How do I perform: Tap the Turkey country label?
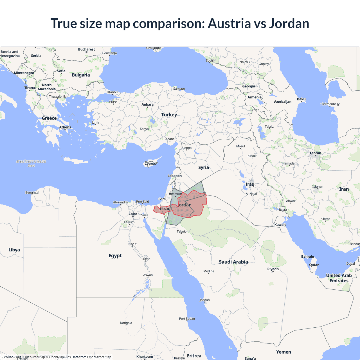pyautogui.click(x=169, y=115)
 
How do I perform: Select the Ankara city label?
pyautogui.click(x=147, y=105)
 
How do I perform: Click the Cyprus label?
pyautogui.click(x=150, y=164)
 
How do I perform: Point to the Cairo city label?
pyautogui.click(x=133, y=214)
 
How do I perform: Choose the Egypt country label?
pyautogui.click(x=115, y=256)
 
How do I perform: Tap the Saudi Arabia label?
pyautogui.click(x=233, y=262)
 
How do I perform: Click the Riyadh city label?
pyautogui.click(x=273, y=269)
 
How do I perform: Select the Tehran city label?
pyautogui.click(x=315, y=153)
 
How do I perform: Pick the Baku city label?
pyautogui.click(x=301, y=99)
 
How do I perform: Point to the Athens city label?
pyautogui.click(x=65, y=127)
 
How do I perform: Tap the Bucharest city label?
pyautogui.click(x=86, y=49)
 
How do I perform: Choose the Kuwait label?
pyautogui.click(x=280, y=225)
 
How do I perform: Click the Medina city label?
pyautogui.click(x=209, y=271)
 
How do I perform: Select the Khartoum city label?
pyautogui.click(x=145, y=357)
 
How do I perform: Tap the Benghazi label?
pyautogui.click(x=32, y=193)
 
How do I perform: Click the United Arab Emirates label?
pyautogui.click(x=339, y=278)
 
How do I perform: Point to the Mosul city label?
pyautogui.click(x=240, y=146)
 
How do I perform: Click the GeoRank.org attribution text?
pyautogui.click(x=11, y=357)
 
